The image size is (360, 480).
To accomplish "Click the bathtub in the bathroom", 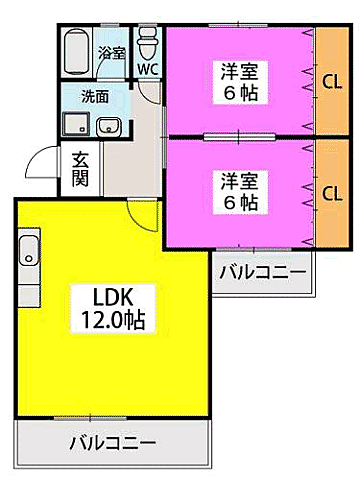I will (76, 50).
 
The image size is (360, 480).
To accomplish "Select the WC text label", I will (148, 70).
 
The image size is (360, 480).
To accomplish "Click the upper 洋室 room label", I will (237, 80).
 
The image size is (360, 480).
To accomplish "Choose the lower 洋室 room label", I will (237, 190).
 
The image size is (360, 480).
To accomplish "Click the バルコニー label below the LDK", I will (112, 443).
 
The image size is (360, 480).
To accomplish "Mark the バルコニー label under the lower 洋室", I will (263, 270).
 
